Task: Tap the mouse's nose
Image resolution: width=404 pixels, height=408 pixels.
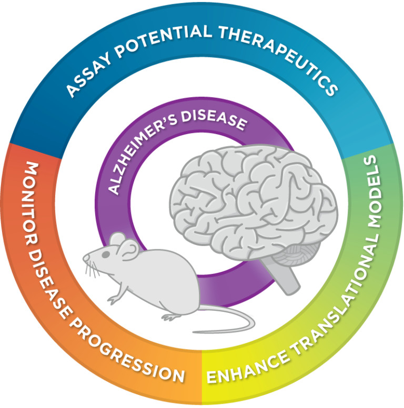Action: pyautogui.click(x=84, y=258)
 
